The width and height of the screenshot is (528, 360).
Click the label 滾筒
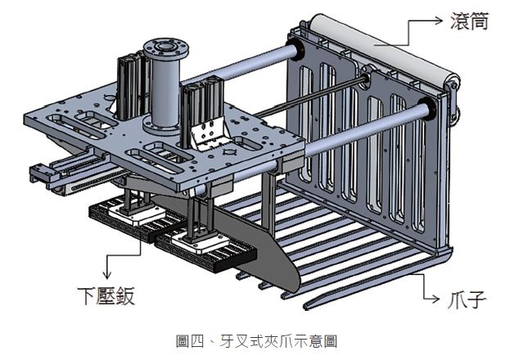coord(470,21)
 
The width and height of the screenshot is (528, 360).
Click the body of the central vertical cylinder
coord(164,90)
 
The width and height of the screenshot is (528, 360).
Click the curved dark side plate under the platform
coord(262,254)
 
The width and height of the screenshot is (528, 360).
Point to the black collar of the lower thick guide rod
coord(425,108)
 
